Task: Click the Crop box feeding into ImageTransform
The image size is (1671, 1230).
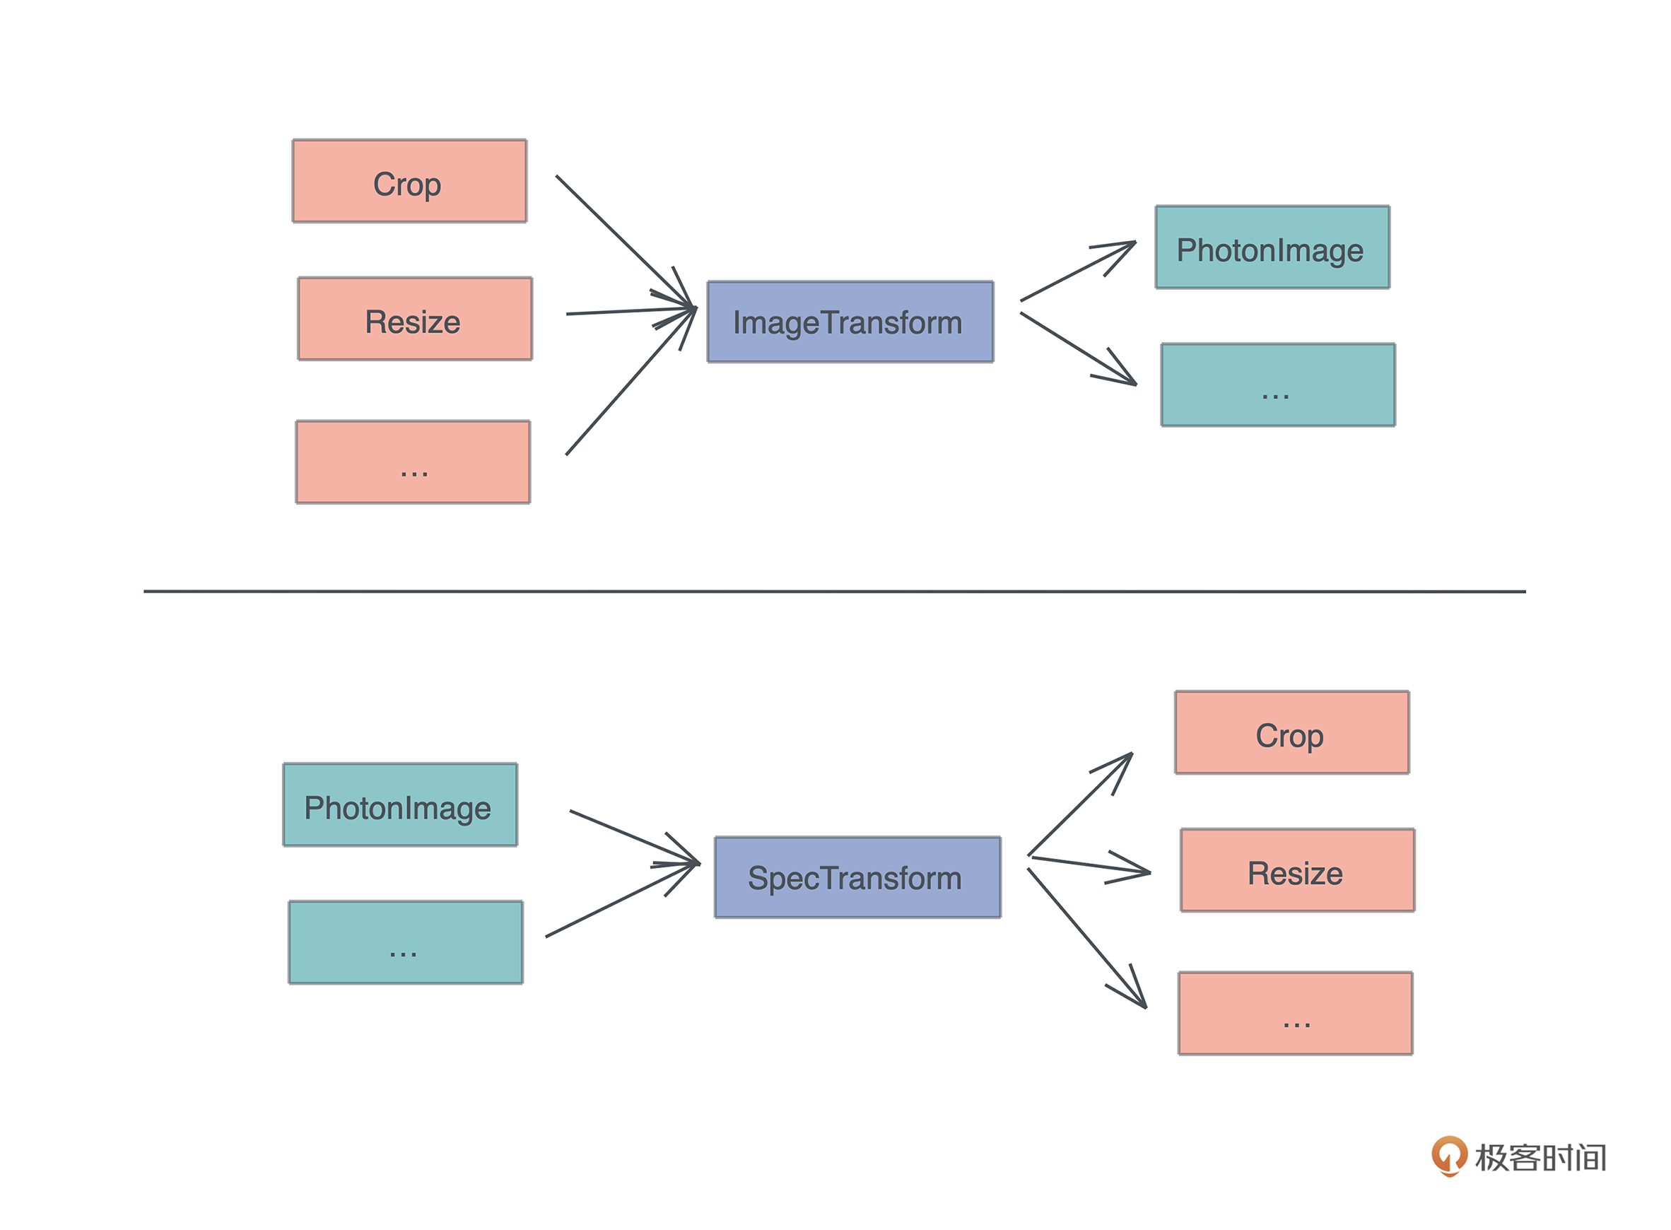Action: point(409,181)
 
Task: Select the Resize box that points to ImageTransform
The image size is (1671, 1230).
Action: point(415,319)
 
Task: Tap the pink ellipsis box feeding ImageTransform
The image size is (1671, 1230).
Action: point(413,462)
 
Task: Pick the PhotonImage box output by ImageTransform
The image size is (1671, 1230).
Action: point(1272,247)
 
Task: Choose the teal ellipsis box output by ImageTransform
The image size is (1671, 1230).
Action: point(1278,385)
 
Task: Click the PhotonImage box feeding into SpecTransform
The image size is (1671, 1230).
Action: point(399,805)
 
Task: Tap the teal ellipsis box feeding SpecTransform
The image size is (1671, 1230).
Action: point(406,942)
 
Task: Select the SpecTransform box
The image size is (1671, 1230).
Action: point(857,877)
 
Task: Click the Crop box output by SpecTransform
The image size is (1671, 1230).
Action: point(1292,732)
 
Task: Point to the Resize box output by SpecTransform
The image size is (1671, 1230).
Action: point(1297,870)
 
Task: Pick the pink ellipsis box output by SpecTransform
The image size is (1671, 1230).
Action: point(1295,1013)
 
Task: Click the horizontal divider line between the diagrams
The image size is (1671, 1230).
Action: point(833,591)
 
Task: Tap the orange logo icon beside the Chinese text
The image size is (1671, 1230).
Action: point(1448,1155)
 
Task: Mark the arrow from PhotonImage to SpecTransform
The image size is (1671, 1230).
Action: point(633,837)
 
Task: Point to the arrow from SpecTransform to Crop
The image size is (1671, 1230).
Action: point(1079,805)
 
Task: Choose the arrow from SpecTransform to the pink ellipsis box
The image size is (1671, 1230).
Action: point(1086,938)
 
